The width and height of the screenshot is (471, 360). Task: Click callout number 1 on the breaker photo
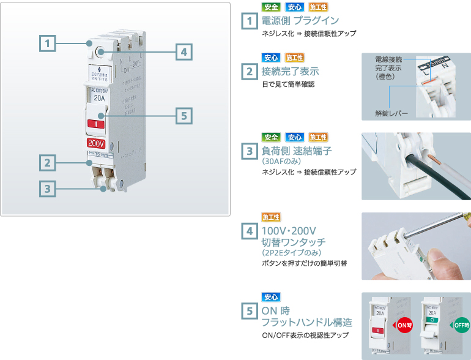click(x=47, y=43)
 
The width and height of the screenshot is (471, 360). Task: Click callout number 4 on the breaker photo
click(x=183, y=52)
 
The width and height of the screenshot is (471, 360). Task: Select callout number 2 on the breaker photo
click(x=47, y=162)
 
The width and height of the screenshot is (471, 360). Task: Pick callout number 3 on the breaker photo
click(x=47, y=189)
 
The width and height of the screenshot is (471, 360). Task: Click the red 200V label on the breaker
click(x=96, y=143)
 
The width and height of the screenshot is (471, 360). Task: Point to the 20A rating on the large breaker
click(x=98, y=97)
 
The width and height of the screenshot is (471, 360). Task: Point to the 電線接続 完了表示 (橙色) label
click(x=388, y=67)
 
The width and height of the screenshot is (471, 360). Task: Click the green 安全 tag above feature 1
click(x=271, y=7)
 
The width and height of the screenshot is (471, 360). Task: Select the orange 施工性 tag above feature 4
click(x=271, y=217)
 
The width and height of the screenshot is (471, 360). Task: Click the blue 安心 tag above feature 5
click(x=271, y=297)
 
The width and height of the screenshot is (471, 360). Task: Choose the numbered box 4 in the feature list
click(x=249, y=231)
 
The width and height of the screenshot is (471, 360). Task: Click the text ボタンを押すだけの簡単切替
click(x=304, y=263)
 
